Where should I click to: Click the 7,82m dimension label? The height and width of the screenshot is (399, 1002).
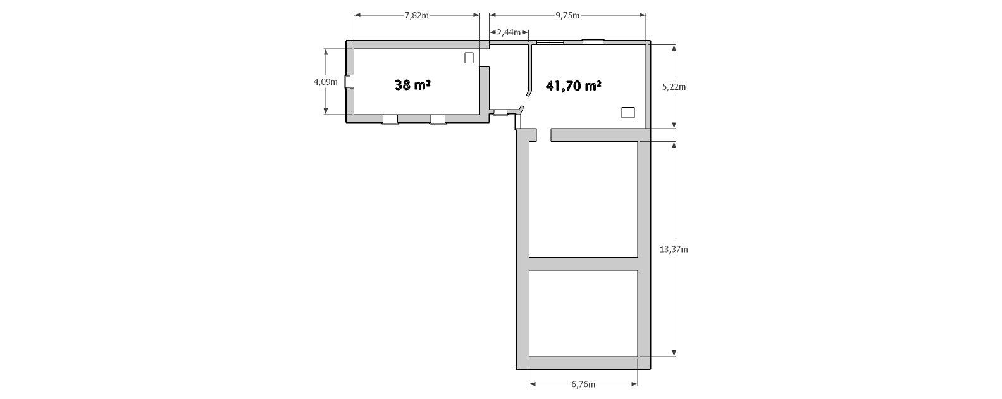[x=416, y=16]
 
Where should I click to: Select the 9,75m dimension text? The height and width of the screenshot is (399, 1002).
[x=567, y=16]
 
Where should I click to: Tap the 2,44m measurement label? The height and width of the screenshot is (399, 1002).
[x=509, y=32]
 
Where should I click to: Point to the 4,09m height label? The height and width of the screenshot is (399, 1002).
[x=326, y=82]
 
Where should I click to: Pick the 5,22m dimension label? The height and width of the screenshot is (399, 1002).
[x=674, y=87]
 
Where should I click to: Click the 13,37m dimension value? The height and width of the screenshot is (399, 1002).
[x=674, y=250]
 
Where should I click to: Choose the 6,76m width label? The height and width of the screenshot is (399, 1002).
[x=583, y=384]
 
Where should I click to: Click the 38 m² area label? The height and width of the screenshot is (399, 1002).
[x=412, y=85]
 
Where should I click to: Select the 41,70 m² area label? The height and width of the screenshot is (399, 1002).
[x=574, y=85]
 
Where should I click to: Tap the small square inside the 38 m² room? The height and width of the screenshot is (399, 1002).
[x=469, y=58]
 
